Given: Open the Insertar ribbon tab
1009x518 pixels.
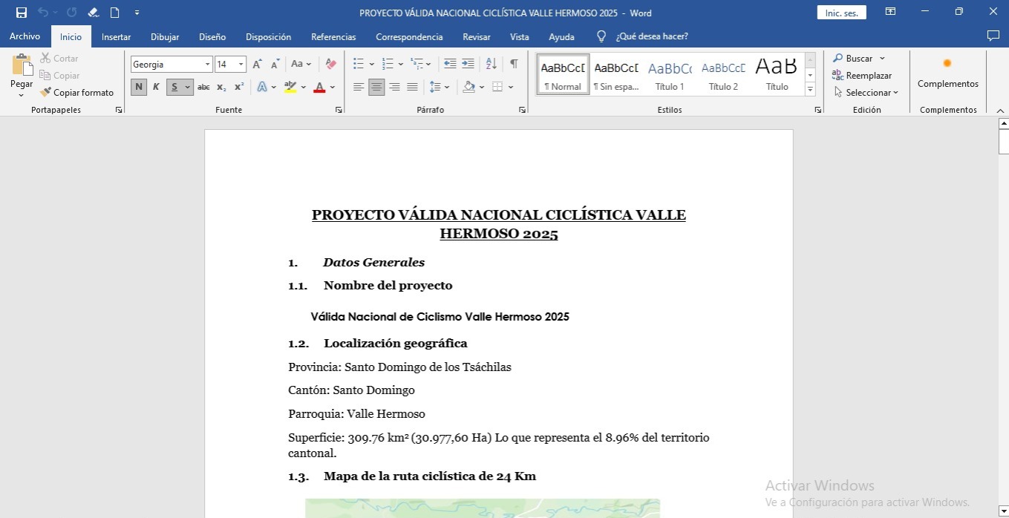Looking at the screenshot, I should (x=116, y=36).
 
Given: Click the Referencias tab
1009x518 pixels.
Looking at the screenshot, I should (x=333, y=36).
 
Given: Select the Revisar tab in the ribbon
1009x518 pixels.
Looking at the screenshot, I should (x=476, y=36).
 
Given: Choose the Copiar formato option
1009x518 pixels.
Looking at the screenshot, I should (x=77, y=93).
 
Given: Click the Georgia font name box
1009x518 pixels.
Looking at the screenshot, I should (x=167, y=65).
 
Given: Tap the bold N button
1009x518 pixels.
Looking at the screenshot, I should (x=139, y=87).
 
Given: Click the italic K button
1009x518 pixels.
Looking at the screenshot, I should (x=156, y=87).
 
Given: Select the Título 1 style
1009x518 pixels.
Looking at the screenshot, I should (x=670, y=74).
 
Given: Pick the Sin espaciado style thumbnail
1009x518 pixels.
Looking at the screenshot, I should (x=616, y=74).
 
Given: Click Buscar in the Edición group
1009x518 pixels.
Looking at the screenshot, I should (x=858, y=59).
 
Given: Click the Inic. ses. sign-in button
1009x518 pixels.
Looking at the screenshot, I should (x=841, y=13).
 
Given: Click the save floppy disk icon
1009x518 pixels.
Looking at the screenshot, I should (x=22, y=13).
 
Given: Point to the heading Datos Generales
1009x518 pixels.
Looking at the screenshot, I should (x=374, y=262).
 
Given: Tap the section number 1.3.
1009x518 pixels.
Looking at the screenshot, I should (x=298, y=476).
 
